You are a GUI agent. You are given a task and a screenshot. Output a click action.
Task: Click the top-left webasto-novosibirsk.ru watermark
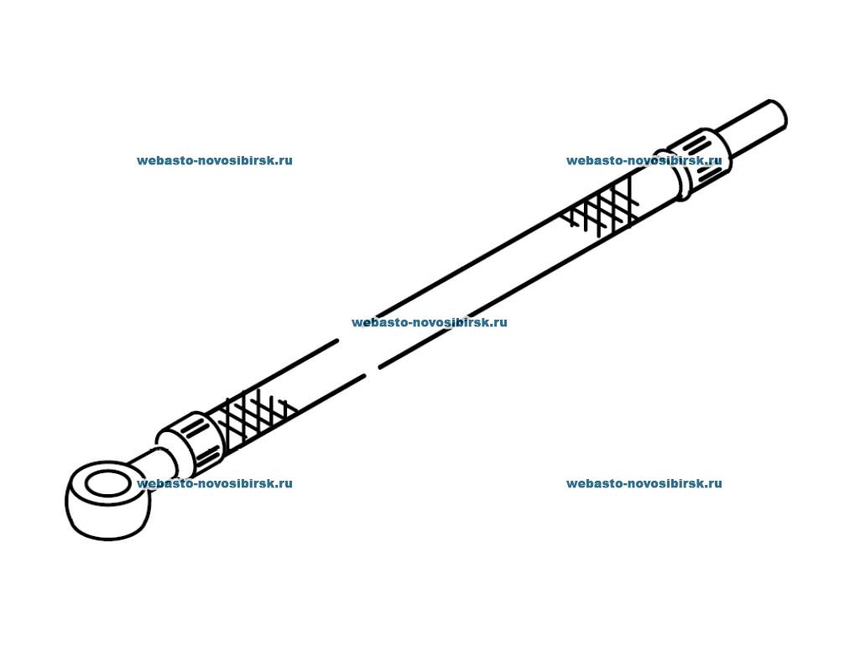coord(215,161)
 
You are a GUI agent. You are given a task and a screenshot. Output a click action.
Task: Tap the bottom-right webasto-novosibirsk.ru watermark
coord(644,483)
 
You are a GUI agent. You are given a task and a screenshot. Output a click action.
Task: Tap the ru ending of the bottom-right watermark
coord(715,483)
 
